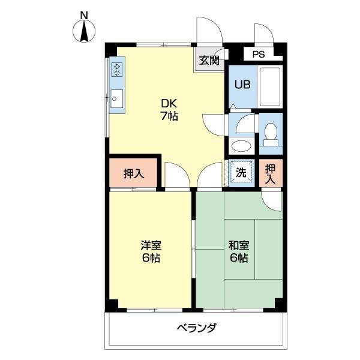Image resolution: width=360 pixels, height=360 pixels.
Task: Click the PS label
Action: point(258,55)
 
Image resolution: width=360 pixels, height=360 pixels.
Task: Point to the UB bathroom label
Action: point(242,84)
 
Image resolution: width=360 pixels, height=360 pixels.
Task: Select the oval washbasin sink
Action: point(241,146)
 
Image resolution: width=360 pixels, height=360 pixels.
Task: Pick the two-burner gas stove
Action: point(117,70)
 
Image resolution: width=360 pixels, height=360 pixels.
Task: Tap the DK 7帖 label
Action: point(169,109)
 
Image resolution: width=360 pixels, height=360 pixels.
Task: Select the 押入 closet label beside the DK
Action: point(134,174)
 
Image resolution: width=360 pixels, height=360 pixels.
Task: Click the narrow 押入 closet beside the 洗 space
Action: point(271,174)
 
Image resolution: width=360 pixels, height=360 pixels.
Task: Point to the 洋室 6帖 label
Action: point(151,251)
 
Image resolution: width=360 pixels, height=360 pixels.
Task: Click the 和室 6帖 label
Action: point(238,251)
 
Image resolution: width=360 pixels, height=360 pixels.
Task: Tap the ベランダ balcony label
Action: point(196,328)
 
